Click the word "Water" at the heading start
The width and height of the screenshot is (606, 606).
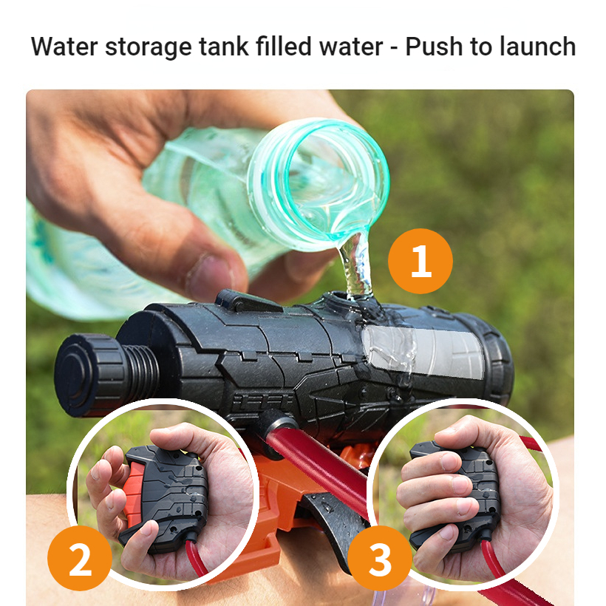pyautogui.click(x=64, y=47)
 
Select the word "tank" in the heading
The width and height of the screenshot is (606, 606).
pyautogui.click(x=224, y=47)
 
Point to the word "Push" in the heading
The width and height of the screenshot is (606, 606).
pyautogui.click(x=433, y=47)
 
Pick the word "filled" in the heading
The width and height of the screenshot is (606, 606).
pyautogui.click(x=283, y=47)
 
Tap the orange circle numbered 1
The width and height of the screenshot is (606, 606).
pyautogui.click(x=421, y=261)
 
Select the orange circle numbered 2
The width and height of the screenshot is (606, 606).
pyautogui.click(x=80, y=558)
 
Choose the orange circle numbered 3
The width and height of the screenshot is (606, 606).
pyautogui.click(x=380, y=558)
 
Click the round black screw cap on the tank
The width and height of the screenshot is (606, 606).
pyautogui.click(x=91, y=375)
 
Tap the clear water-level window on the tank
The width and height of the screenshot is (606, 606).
pyautogui.click(x=423, y=350)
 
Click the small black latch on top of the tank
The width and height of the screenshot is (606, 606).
pyautogui.click(x=248, y=301)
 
